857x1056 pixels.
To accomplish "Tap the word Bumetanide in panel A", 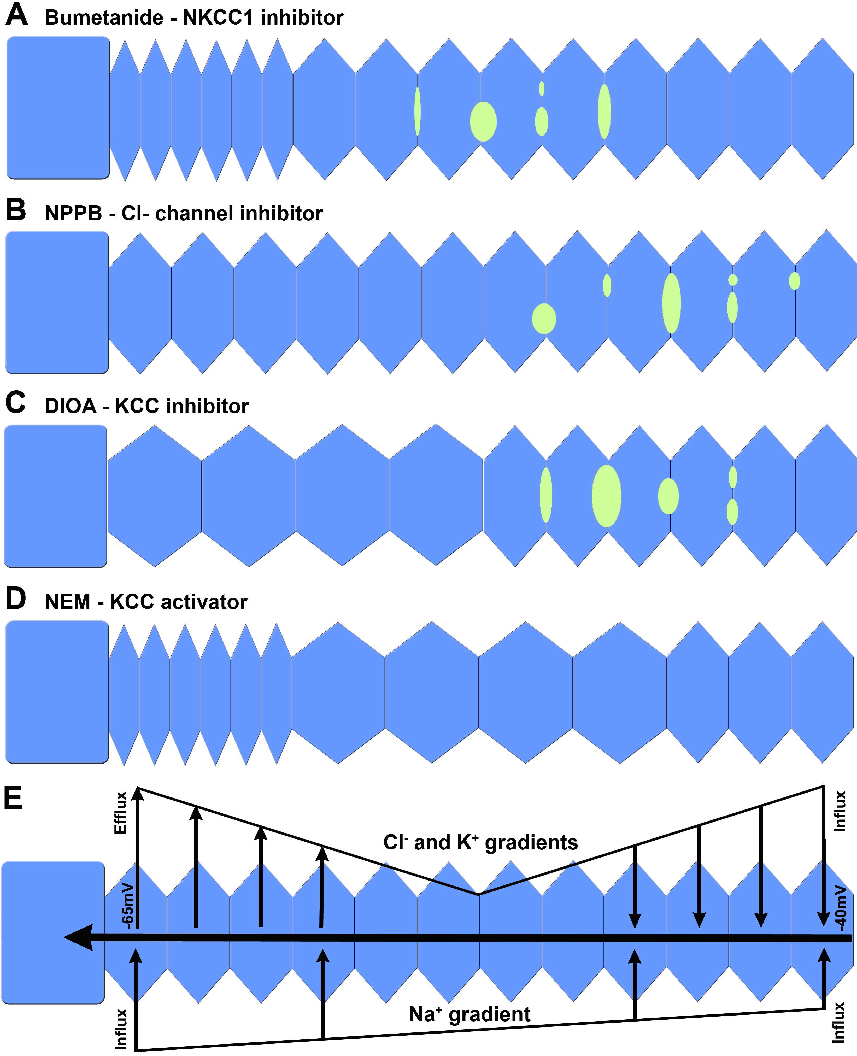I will [x=104, y=18].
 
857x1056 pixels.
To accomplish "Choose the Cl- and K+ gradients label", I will [x=480, y=842].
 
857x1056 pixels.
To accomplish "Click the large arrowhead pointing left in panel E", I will [x=79, y=937].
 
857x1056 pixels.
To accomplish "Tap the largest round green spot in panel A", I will [x=483, y=121].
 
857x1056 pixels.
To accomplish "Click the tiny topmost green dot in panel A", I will [x=542, y=88].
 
